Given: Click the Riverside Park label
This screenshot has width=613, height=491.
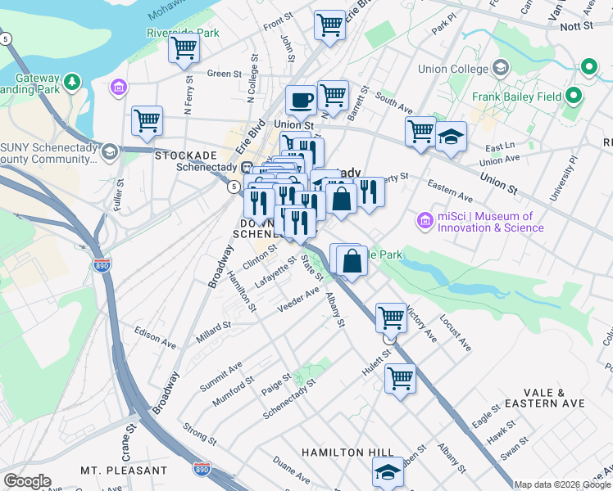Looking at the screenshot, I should (183, 33).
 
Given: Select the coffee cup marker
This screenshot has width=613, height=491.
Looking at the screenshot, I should (301, 100).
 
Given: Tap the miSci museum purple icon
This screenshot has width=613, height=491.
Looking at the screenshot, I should (424, 221).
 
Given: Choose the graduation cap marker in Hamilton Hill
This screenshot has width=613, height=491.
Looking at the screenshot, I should (388, 471).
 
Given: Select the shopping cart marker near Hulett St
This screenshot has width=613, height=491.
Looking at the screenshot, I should (399, 379).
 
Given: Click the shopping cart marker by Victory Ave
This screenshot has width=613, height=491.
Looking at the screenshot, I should (391, 317).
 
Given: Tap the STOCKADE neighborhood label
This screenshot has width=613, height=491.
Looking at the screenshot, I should (186, 154).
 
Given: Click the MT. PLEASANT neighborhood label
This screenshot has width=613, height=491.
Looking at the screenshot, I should (124, 471).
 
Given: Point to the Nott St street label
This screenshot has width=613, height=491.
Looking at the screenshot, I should (576, 26).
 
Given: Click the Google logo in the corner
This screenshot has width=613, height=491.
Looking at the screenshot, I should (27, 480).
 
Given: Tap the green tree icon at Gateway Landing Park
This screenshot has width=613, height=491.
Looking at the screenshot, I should (73, 81).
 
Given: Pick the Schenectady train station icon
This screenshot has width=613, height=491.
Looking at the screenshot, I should (246, 167).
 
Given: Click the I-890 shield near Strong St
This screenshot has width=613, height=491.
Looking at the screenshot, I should (202, 469).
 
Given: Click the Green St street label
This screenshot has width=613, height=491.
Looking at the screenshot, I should (224, 74).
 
